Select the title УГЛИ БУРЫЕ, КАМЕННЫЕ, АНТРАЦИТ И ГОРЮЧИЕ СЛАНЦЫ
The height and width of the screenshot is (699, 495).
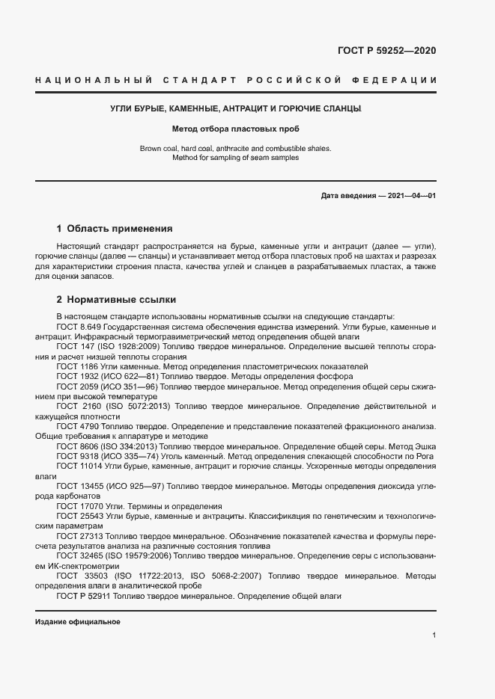(236, 109)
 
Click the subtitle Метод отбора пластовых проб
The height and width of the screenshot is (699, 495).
(236, 128)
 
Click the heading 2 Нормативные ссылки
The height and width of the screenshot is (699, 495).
(116, 300)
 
